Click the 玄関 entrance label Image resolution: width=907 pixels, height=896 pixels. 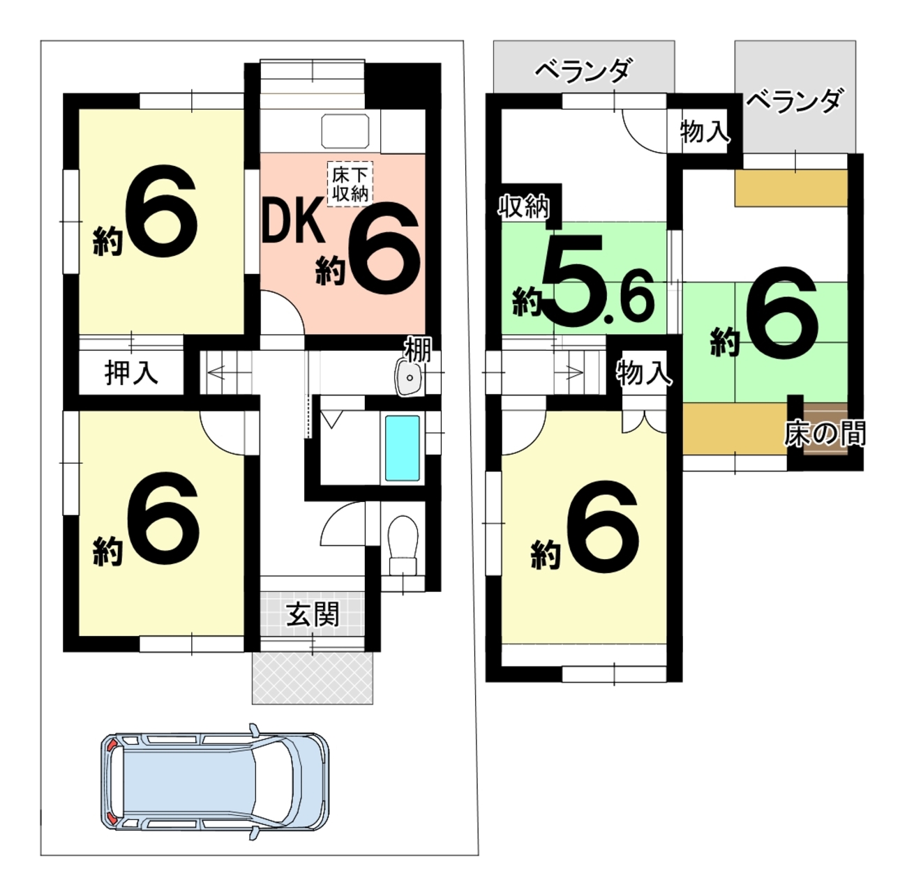(313, 614)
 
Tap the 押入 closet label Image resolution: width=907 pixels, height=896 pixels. (131, 372)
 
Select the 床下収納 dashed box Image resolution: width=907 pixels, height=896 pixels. (350, 183)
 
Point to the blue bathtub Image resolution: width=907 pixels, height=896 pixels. (402, 448)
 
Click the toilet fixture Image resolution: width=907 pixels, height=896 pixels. (403, 545)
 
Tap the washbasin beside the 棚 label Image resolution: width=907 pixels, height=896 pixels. (410, 377)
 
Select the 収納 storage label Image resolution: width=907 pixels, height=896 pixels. (524, 206)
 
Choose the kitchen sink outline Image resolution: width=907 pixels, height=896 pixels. (345, 130)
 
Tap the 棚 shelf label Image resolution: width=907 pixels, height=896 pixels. (417, 349)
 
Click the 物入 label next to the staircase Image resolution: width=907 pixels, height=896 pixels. (643, 373)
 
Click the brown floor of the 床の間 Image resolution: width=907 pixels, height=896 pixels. (825, 429)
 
